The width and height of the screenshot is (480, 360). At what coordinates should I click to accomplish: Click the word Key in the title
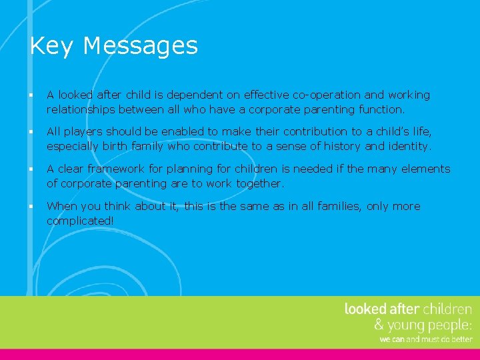(52, 46)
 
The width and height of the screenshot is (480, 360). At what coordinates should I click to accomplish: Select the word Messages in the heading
(141, 46)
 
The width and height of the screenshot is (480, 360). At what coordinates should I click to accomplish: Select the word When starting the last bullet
(61, 206)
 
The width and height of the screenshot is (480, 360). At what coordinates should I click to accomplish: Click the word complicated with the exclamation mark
(81, 221)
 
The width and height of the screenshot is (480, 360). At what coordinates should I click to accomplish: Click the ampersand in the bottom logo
(379, 325)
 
